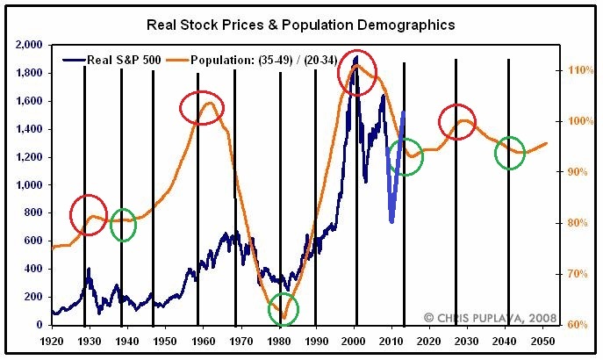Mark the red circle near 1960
coord(203,107)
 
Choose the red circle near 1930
coord(89,214)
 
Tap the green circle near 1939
coord(124,225)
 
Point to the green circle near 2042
coord(510,153)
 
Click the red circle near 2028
coord(457,120)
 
